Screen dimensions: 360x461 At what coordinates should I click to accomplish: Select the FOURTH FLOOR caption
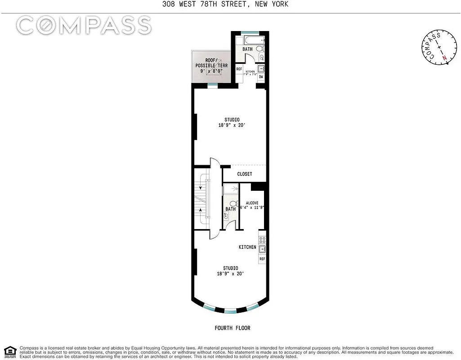(232, 328)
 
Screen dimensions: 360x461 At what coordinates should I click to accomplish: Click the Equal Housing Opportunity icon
(10, 351)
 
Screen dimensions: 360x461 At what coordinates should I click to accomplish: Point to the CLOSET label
(245, 174)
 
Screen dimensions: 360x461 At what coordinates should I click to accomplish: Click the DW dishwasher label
(261, 77)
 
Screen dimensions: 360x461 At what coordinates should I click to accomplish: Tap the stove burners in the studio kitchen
(262, 238)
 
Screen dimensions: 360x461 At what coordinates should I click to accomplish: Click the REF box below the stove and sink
(262, 259)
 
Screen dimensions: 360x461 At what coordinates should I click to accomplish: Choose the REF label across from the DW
(239, 69)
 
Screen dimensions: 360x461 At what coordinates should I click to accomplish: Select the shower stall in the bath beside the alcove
(231, 190)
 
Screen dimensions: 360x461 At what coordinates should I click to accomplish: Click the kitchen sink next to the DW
(261, 68)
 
